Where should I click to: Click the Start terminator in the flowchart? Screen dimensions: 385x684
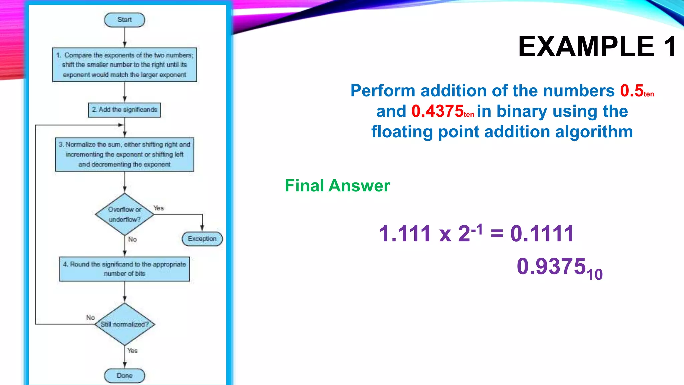(124, 20)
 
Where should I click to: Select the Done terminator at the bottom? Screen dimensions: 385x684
(124, 376)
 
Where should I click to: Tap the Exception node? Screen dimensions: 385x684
(202, 239)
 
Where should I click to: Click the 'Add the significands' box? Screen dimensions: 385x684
(124, 110)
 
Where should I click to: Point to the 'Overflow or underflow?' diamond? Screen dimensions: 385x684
(124, 214)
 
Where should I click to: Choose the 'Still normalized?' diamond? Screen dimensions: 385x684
(124, 324)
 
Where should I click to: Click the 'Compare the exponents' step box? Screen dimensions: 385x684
(125, 65)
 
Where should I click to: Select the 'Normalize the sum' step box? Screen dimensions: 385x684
(125, 154)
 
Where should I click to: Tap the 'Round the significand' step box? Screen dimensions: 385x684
(125, 269)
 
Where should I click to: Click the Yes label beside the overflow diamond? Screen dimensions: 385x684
(159, 208)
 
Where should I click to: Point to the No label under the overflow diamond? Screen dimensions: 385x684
(132, 239)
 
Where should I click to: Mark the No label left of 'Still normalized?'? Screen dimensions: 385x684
(90, 317)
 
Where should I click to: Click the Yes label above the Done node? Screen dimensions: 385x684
(132, 351)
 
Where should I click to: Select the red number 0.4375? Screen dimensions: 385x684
(437, 111)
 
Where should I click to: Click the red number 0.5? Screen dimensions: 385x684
(632, 91)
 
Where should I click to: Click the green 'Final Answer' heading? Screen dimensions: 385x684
(337, 186)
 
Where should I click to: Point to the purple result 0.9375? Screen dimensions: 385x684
(551, 267)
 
